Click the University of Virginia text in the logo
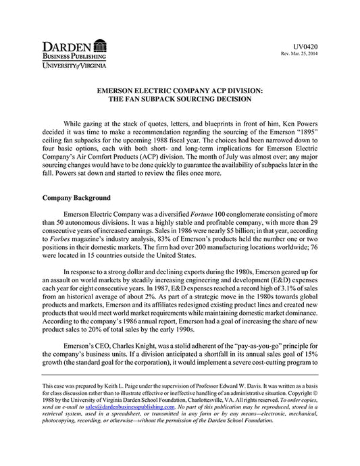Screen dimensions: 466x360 (74, 67)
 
